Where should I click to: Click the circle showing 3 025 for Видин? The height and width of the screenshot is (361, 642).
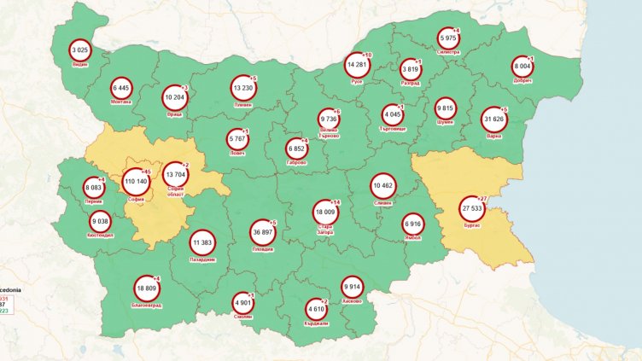click(x=81, y=51)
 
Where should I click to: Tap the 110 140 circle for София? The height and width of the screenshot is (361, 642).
click(x=136, y=182)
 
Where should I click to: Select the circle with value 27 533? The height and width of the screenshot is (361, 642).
click(x=472, y=208)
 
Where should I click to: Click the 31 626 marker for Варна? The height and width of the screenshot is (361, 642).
click(x=494, y=119)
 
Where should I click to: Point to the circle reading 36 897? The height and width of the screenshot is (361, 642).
click(x=263, y=232)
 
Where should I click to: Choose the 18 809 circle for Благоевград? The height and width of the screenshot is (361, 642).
click(x=148, y=288)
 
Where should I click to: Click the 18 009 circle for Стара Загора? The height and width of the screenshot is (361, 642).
click(x=326, y=213)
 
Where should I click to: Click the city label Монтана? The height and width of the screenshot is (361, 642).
click(x=121, y=102)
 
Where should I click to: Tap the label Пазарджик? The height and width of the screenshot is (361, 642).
click(x=202, y=259)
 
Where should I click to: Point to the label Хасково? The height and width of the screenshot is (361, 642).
click(x=352, y=301)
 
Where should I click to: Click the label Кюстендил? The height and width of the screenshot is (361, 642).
click(x=100, y=236)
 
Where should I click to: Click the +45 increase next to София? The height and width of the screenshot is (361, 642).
click(x=147, y=172)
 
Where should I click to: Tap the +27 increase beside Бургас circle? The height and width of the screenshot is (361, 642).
click(x=481, y=198)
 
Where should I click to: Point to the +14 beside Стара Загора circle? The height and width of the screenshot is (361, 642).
click(x=336, y=202)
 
